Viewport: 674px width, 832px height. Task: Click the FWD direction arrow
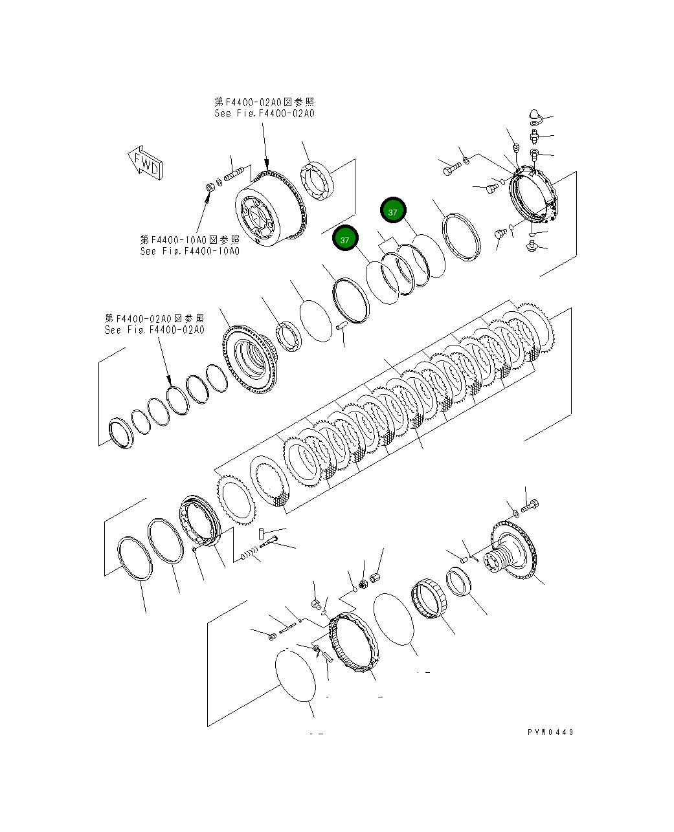(x=145, y=163)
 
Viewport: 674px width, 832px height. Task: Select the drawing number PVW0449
(x=550, y=732)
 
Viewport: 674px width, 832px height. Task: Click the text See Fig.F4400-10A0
(x=190, y=251)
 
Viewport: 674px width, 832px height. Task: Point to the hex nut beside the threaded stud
(x=210, y=187)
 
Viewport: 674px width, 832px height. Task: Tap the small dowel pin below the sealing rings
(x=342, y=328)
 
